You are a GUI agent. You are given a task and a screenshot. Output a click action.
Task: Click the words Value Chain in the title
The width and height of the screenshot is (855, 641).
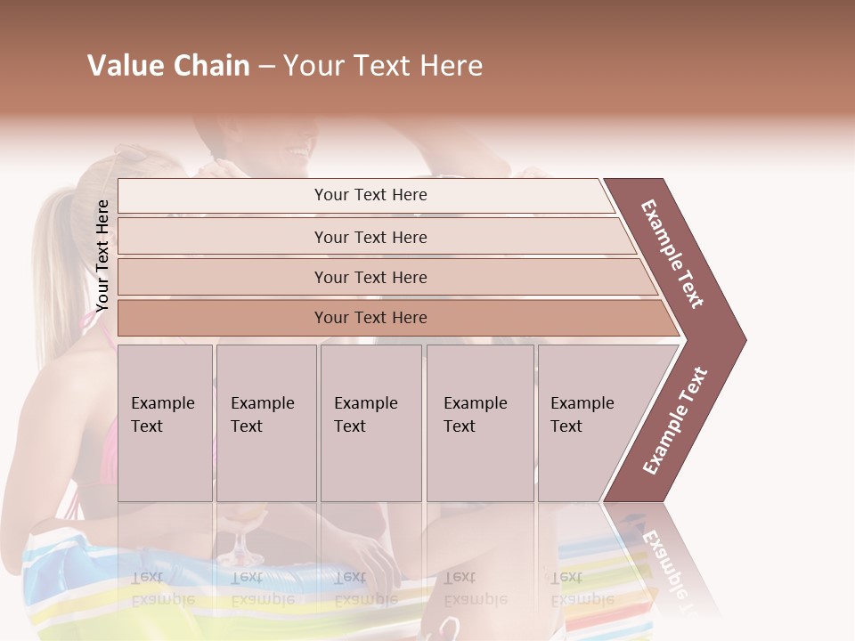click(x=168, y=66)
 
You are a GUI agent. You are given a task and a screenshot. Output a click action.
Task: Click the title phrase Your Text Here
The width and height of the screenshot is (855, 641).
click(x=383, y=66)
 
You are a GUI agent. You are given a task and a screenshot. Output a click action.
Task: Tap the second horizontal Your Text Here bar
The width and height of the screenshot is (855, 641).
click(x=370, y=237)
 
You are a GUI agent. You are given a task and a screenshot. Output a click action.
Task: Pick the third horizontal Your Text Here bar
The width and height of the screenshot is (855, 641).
click(x=370, y=277)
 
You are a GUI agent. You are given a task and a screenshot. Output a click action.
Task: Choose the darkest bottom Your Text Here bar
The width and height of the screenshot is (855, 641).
click(x=370, y=318)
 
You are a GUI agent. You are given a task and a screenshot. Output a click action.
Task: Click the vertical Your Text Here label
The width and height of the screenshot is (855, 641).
click(x=102, y=256)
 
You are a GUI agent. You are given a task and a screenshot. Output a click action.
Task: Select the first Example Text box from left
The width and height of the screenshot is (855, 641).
click(x=165, y=422)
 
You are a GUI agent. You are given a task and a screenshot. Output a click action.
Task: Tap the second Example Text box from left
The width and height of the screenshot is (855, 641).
click(x=265, y=422)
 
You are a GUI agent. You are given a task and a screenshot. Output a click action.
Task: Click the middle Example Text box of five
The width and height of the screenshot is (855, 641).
click(x=370, y=422)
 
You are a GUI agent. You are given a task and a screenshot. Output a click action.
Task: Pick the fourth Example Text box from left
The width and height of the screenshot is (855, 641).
click(x=479, y=422)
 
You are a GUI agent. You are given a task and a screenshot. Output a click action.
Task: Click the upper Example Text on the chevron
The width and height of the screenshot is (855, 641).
click(x=672, y=254)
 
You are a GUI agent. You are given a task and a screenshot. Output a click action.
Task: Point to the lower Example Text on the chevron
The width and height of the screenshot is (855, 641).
click(x=675, y=421)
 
